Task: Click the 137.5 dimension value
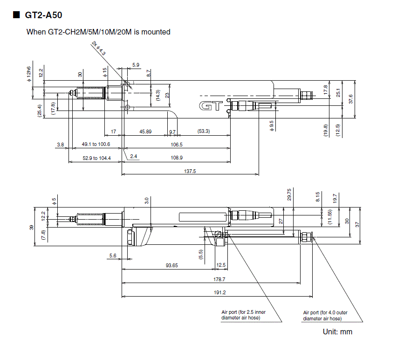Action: click(x=190, y=171)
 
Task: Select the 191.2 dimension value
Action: click(x=219, y=292)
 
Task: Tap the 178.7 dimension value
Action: click(x=219, y=279)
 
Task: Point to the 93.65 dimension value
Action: click(x=171, y=265)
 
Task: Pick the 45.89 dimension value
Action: click(x=145, y=132)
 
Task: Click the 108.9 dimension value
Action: click(x=177, y=158)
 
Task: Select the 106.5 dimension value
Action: click(x=177, y=145)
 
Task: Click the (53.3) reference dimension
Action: click(x=203, y=132)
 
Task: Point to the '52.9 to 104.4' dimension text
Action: click(x=96, y=158)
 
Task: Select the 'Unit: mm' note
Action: click(x=337, y=332)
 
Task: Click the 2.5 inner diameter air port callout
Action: click(x=240, y=315)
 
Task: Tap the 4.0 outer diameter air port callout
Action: click(x=325, y=315)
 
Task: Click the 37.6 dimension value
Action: click(x=351, y=99)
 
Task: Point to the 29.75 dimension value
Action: click(x=289, y=194)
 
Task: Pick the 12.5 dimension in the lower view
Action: click(x=221, y=265)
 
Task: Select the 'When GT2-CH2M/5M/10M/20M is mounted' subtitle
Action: click(x=98, y=32)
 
